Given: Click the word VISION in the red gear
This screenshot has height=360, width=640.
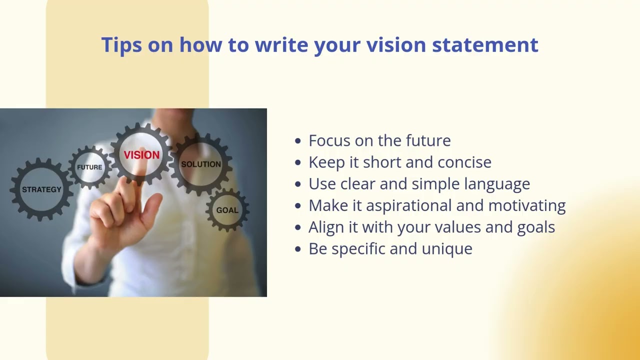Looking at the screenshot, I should pos(141,155).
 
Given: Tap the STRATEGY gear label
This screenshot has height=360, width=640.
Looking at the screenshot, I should pos(41,189).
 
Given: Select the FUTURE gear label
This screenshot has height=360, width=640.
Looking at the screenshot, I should pos(89,167).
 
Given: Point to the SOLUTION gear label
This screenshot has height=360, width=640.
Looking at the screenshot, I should pos(200,164).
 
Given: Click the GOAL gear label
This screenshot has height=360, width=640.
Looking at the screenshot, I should pos(227,210).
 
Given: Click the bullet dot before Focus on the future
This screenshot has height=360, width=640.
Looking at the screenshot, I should pos(298,141).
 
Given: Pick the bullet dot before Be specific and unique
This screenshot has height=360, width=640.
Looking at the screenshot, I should pos(298,249).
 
